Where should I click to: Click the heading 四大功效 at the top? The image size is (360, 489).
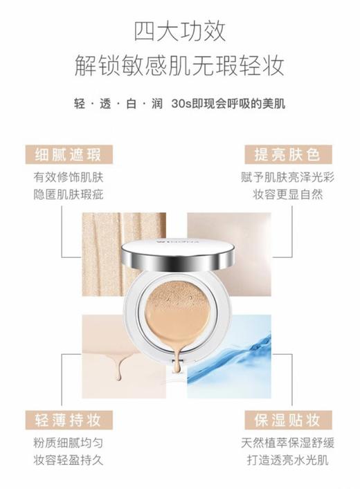tap(180, 31)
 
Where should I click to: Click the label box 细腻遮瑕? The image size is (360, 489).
tap(68, 154)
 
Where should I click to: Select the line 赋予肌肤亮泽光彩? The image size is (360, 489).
tap(289, 176)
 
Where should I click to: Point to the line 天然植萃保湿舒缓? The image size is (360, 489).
tap(289, 443)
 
